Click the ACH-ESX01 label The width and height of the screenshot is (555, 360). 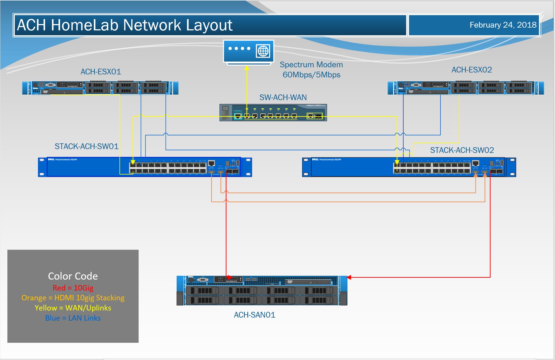point(101,72)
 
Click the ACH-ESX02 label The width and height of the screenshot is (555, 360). point(472,70)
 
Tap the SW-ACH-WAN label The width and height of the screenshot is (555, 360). point(283,97)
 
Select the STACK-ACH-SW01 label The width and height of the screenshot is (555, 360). point(86,146)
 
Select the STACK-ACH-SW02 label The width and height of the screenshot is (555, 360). point(462,150)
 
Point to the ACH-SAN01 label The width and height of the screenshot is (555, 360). point(255,315)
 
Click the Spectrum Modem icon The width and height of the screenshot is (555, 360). point(248,52)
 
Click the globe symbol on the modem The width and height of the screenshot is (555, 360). point(263,51)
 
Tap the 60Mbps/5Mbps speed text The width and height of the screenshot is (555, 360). point(311,75)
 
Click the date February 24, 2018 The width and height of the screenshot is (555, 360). point(503,25)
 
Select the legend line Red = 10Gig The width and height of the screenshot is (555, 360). point(73,288)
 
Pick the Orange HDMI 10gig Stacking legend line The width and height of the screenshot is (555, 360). point(73,298)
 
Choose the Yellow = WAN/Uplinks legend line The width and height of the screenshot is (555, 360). point(73,308)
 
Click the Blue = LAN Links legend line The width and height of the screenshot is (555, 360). point(73,318)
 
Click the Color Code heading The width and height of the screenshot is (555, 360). point(73,276)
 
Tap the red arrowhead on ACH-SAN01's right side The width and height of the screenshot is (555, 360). point(349,277)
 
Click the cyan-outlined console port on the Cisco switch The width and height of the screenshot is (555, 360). point(238,116)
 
